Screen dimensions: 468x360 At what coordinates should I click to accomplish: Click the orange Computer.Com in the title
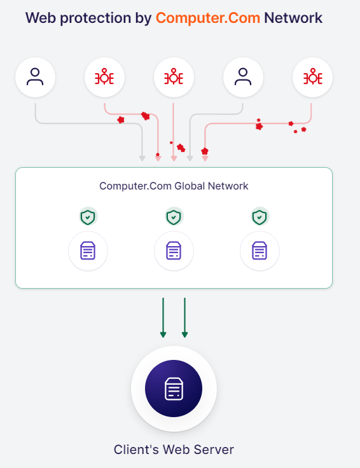[207, 18]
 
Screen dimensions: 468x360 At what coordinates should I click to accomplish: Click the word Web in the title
[39, 18]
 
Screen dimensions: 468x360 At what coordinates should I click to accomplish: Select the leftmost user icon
[35, 78]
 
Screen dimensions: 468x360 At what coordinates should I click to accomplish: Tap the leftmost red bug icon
[104, 78]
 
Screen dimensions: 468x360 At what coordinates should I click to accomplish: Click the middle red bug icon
[174, 78]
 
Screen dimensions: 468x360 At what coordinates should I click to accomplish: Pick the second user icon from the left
[243, 78]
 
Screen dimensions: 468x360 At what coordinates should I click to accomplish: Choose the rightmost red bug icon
[312, 78]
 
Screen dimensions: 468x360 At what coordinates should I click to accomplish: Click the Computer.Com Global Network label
[174, 186]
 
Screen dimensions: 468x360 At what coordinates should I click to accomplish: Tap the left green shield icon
[88, 217]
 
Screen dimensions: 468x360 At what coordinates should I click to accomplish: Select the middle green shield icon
[174, 217]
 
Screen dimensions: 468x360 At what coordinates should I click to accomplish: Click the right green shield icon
[260, 217]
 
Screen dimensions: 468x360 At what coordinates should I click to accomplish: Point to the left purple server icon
[88, 251]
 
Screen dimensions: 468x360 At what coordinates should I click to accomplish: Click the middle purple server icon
[174, 251]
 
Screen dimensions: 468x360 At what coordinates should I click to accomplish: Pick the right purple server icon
[260, 251]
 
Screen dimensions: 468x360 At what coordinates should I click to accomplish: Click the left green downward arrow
[163, 317]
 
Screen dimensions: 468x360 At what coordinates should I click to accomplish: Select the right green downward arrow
[184, 317]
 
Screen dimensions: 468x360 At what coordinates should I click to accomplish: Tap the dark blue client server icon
[174, 389]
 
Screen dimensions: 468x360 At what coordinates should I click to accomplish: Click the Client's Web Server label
[174, 450]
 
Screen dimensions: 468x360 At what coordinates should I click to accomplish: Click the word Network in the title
[293, 18]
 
